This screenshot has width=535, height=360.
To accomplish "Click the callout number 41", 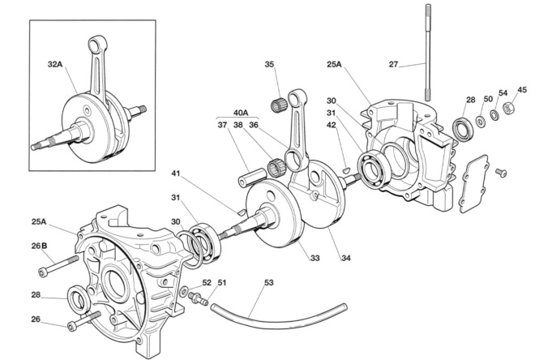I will pos(176,173).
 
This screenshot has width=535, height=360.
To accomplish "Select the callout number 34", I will pos(346,258).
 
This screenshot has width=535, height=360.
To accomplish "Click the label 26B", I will pos(39,246).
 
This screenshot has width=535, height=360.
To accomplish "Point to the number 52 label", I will pos(207,282).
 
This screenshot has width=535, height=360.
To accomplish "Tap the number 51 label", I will pos(222,282).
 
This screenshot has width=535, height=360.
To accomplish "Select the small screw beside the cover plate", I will pos(499,172).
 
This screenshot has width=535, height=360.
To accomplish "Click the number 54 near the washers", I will pos(503,93).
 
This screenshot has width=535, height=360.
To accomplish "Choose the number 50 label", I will pos(487,99).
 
